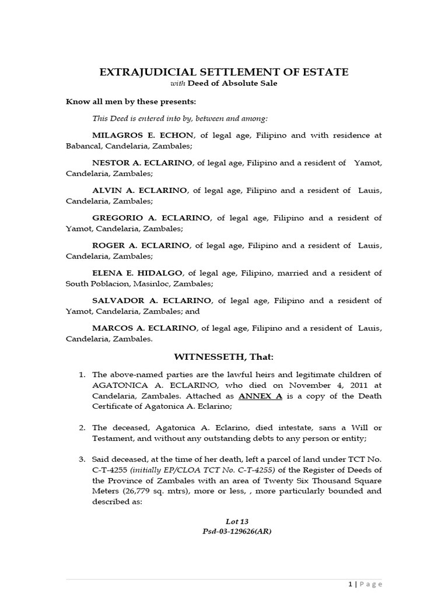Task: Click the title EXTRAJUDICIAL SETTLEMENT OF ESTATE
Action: (224, 72)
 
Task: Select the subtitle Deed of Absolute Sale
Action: (232, 84)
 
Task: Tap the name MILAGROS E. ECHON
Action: (142, 135)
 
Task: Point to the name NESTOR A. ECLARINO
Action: (142, 163)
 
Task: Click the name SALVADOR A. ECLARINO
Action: (152, 300)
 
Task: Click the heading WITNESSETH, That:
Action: (224, 356)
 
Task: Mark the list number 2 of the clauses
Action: (82, 427)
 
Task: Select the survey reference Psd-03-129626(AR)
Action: (224, 531)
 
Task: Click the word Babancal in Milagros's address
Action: (83, 145)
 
